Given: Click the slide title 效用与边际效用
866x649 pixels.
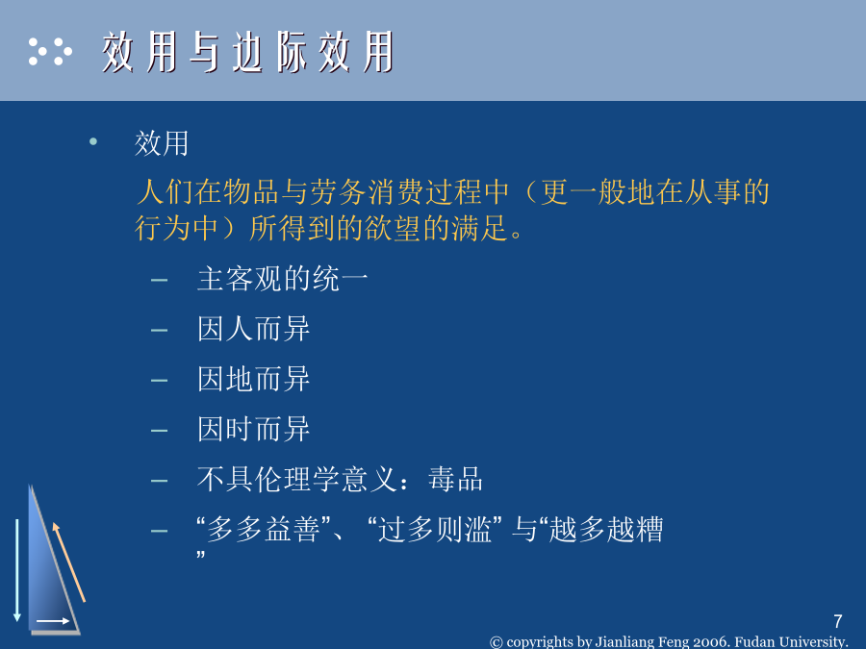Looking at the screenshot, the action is click(248, 52).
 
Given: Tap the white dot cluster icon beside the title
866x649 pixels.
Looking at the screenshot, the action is click(50, 51).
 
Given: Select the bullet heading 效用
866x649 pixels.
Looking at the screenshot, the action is click(162, 143).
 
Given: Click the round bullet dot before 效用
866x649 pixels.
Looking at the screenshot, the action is click(93, 142).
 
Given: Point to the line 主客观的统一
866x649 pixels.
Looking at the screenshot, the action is click(282, 278).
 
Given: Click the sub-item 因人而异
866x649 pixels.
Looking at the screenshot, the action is click(253, 329).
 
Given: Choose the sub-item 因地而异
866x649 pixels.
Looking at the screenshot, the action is click(253, 379).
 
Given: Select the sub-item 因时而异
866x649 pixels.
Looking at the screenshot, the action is click(253, 430).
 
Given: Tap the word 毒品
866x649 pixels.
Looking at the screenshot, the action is click(455, 479).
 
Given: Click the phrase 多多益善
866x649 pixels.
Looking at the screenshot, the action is click(264, 530).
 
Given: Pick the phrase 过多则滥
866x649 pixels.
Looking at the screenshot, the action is click(435, 530).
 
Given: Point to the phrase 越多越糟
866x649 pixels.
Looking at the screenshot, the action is click(606, 530).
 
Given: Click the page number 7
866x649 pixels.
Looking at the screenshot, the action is click(838, 621).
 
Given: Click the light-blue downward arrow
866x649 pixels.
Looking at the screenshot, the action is click(17, 570).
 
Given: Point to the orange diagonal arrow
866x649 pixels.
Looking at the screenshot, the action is click(69, 562).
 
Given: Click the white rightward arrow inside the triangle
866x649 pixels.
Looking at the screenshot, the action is click(53, 621).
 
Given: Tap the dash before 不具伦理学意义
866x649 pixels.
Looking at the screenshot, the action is click(159, 481).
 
